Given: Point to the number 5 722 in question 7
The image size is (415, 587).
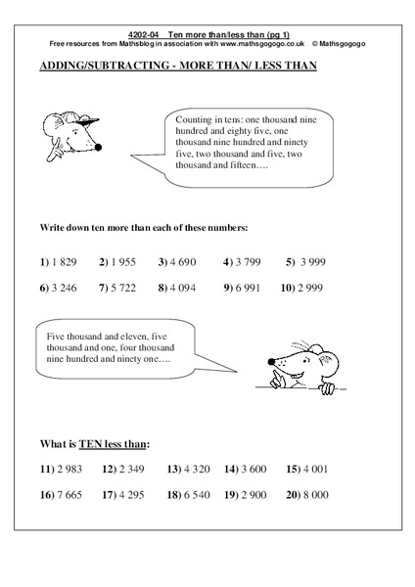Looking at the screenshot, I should click(123, 290).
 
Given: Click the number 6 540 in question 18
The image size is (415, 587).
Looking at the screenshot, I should click(194, 495).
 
